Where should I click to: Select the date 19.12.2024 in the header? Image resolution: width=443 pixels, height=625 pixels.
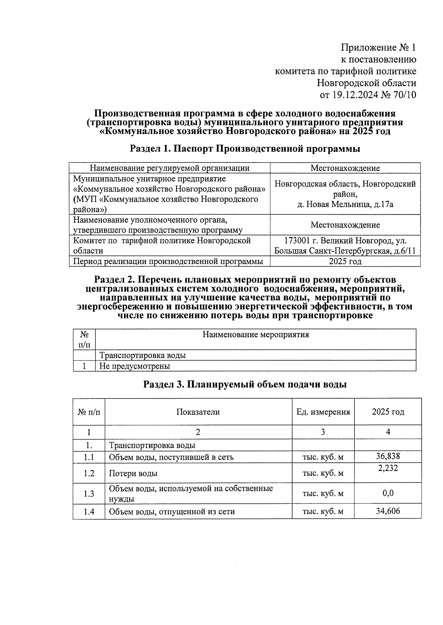[x=355, y=95]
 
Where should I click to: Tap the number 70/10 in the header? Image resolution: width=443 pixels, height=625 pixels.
[x=405, y=95]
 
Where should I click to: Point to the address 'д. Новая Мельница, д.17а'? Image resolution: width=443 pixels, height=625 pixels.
[x=345, y=204]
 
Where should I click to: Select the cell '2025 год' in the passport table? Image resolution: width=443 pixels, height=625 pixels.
[x=345, y=262]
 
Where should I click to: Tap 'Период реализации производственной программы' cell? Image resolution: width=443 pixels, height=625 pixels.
[x=168, y=262]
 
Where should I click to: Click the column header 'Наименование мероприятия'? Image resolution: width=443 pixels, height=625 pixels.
[x=255, y=335]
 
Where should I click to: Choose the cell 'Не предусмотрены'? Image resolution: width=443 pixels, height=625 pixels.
[x=135, y=366]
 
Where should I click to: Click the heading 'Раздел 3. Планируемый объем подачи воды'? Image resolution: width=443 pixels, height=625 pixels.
[x=245, y=384]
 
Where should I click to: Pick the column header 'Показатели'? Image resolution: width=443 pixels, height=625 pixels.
[x=198, y=412]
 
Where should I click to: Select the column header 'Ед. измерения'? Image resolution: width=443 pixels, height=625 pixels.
[x=323, y=412]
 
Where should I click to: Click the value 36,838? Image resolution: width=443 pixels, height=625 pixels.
[x=388, y=456]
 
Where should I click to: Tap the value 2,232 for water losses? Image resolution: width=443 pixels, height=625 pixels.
[x=388, y=468]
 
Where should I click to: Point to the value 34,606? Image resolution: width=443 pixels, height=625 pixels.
[x=388, y=511]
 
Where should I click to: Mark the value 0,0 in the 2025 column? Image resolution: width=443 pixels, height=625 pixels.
[x=388, y=493]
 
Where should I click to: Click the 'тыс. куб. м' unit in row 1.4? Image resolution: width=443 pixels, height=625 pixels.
[x=323, y=512]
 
